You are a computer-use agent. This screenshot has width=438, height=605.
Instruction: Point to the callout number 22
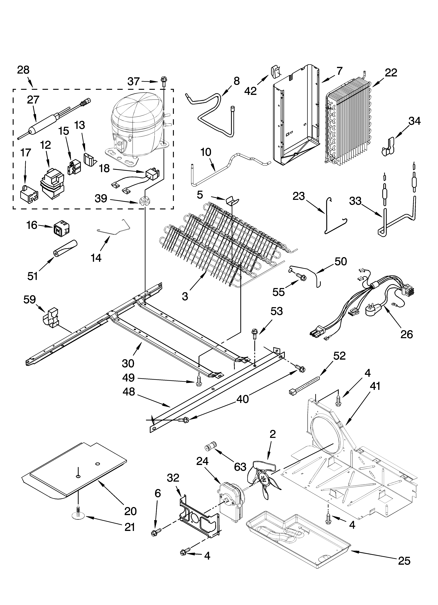click(391, 73)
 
